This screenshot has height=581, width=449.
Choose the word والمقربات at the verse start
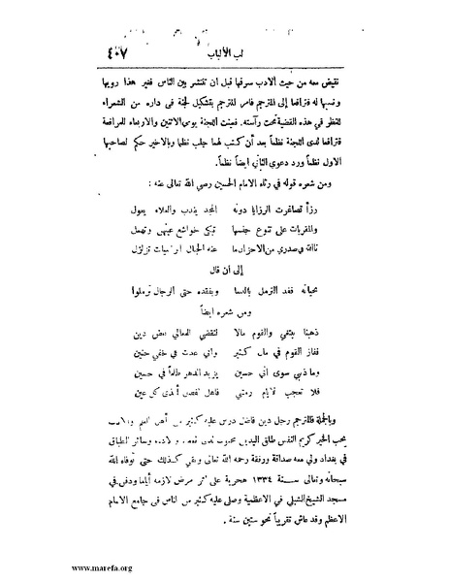coord(350,202)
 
